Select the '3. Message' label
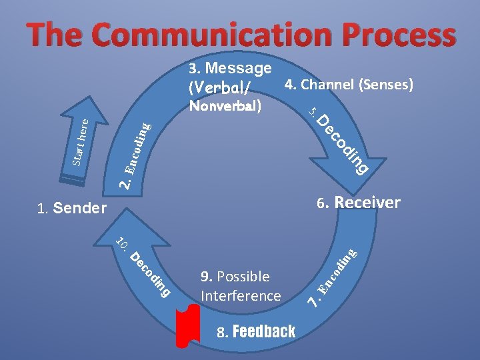230,68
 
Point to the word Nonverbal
225,105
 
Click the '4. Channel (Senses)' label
349,85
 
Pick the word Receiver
367,203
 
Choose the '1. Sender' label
72,209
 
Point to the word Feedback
265,331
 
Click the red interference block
187,329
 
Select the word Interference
241,295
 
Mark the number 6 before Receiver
321,203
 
